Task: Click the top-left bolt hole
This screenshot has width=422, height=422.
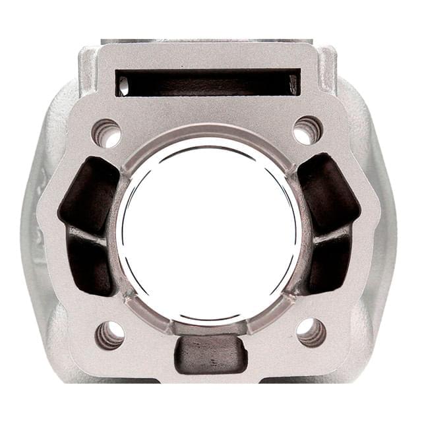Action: pos(107,133)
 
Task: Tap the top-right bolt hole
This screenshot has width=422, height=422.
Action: pos(307,130)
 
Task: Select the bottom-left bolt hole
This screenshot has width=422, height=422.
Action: pos(110,334)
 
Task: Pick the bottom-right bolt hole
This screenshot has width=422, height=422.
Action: pos(311,332)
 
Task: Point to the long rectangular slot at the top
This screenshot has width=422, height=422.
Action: pos(208,82)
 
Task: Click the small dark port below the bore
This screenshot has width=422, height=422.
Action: pos(210,353)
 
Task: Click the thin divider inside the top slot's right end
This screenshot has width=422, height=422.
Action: pos(293,84)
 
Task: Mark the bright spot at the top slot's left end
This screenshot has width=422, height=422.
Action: pos(123,85)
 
